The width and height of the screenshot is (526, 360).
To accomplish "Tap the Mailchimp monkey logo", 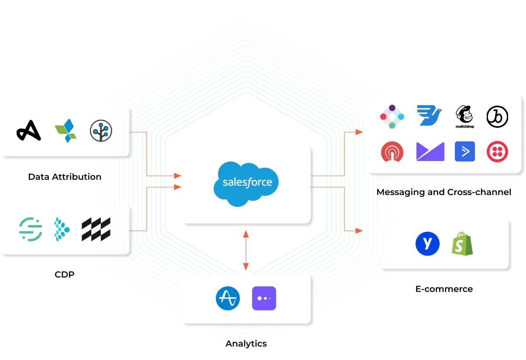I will click(465, 116).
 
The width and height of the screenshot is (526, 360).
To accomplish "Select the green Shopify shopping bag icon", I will click(462, 244).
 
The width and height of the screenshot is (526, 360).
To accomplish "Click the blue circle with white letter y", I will click(427, 243).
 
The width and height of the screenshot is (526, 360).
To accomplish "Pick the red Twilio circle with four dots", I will click(497, 151).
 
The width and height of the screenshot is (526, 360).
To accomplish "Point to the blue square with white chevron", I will click(465, 151).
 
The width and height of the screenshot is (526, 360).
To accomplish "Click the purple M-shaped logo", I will click(430, 151).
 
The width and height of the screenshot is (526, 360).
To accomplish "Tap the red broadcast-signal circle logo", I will click(392, 152).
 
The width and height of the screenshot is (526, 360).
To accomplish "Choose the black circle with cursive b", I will click(497, 116).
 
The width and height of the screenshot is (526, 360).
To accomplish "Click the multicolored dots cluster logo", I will click(392, 117).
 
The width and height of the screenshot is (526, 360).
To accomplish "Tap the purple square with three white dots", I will click(264, 298).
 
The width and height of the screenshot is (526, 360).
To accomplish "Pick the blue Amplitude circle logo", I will click(228, 298).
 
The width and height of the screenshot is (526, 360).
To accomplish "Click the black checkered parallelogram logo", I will click(96, 229).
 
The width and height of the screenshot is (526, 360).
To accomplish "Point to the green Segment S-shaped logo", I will click(31, 229).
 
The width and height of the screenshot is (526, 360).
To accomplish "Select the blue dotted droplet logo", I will click(62, 229).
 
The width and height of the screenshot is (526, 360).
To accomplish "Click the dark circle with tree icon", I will click(101, 130).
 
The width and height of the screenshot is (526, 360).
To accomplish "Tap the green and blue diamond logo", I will click(65, 130).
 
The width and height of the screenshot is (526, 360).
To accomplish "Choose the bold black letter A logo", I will click(29, 130).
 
